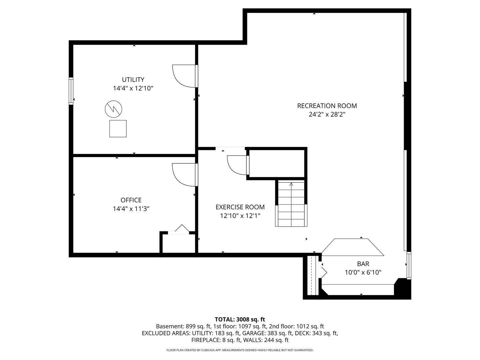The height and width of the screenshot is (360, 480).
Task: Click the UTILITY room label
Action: (133, 79)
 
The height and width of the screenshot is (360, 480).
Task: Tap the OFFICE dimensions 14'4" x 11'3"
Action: (131, 209)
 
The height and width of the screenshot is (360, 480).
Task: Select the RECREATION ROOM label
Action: (327, 106)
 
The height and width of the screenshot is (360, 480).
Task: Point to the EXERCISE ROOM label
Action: (240, 207)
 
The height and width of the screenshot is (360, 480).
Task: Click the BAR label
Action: (363, 264)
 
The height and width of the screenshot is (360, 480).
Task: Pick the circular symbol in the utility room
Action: (113, 109)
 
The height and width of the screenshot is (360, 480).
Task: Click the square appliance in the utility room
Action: (118, 129)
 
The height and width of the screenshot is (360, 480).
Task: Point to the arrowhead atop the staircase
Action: (291, 184)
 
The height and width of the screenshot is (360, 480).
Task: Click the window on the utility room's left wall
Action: (71, 91)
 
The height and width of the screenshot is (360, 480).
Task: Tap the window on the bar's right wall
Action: (408, 266)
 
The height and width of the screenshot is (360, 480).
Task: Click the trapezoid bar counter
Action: (353, 247)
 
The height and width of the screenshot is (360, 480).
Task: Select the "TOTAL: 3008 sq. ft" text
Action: (240, 319)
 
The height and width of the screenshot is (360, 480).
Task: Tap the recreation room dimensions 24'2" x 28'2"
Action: (327, 114)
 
